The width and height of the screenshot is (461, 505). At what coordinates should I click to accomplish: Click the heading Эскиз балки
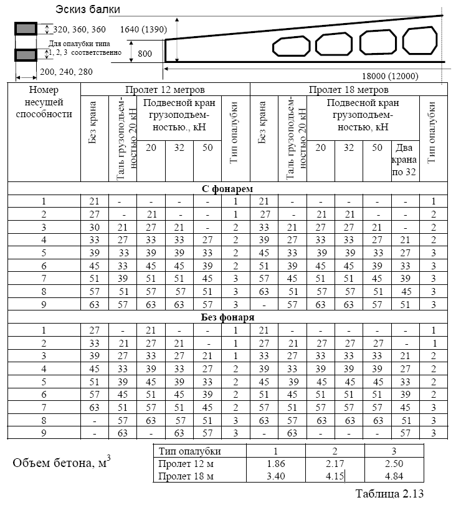click(87, 9)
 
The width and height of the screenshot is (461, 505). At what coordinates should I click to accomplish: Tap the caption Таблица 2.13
click(389, 494)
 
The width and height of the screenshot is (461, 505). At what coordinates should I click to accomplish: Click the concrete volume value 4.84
click(394, 476)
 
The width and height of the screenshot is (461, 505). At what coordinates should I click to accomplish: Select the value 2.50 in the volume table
click(394, 463)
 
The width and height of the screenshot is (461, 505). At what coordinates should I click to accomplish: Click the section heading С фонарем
click(227, 188)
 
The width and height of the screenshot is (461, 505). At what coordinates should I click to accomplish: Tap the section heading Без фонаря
click(227, 317)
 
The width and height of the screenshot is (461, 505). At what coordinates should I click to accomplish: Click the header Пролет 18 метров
click(348, 90)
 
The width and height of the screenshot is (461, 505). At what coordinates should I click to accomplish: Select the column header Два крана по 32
click(405, 160)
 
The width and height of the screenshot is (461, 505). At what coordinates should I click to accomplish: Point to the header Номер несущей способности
click(44, 102)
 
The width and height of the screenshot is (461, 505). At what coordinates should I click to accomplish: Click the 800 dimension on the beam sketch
click(145, 54)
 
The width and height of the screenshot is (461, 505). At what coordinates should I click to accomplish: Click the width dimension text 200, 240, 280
click(66, 72)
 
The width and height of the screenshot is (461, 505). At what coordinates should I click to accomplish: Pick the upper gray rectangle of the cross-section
click(26, 29)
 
